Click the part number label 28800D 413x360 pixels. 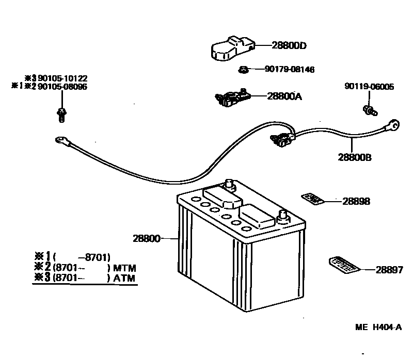(x=289, y=45)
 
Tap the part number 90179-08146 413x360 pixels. (x=290, y=69)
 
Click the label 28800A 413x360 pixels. (x=284, y=95)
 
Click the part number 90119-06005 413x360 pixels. (x=369, y=87)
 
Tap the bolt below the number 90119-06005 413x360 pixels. (x=369, y=109)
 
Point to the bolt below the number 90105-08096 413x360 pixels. (x=61, y=115)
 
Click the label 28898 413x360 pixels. (x=356, y=201)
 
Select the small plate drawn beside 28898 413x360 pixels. (x=312, y=199)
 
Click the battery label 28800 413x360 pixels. (x=147, y=239)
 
